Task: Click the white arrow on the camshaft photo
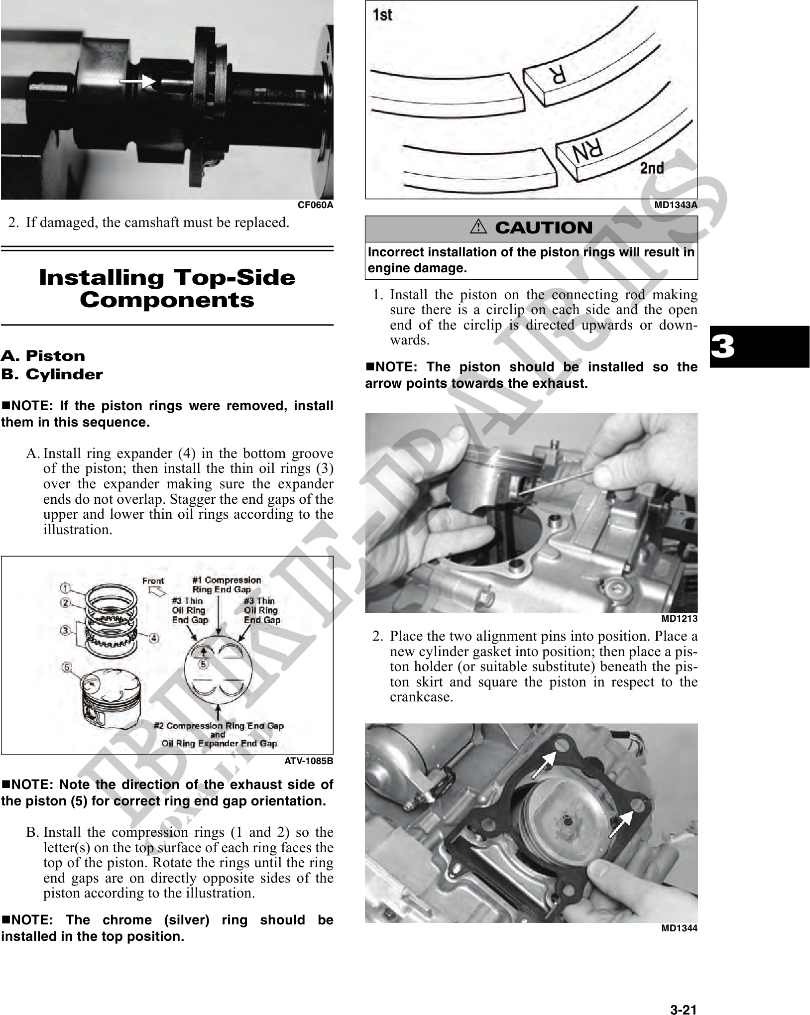click(x=138, y=81)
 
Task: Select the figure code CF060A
click(x=315, y=205)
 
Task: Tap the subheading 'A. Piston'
click(x=43, y=356)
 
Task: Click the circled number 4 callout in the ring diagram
click(x=154, y=638)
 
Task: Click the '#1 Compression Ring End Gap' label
click(x=227, y=584)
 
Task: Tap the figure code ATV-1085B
click(x=309, y=761)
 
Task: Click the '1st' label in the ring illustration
click(x=382, y=15)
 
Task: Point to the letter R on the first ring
click(x=557, y=75)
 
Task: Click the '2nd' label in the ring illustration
click(x=652, y=168)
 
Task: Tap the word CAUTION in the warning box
click(x=544, y=228)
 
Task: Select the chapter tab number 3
click(x=723, y=346)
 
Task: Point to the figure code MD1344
click(x=679, y=928)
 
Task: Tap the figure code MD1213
click(x=679, y=619)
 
